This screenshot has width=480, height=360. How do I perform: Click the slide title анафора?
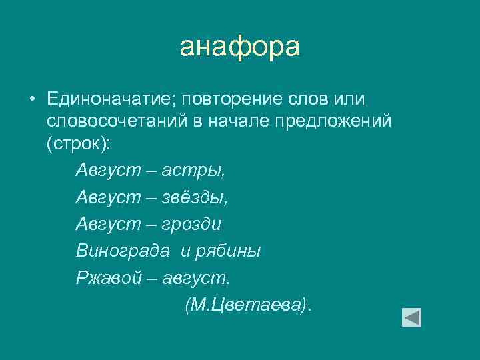pyautogui.click(x=240, y=47)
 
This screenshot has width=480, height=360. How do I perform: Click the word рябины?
pyautogui.click(x=227, y=251)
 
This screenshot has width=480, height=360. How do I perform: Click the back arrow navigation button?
pyautogui.click(x=411, y=317)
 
